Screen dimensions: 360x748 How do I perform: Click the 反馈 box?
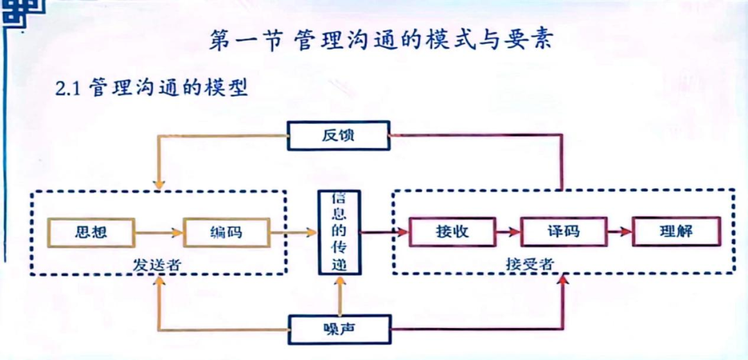[338, 135]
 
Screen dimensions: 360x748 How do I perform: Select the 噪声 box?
[339, 329]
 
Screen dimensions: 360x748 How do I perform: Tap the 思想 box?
[91, 232]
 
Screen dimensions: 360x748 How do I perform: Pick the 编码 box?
[226, 232]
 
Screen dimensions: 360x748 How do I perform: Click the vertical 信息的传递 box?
[339, 233]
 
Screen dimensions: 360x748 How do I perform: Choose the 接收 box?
[453, 232]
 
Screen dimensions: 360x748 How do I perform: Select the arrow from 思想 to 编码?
[159, 233]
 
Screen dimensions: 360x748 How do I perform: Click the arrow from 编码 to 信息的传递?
[293, 233]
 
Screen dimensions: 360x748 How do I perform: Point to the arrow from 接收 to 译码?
[508, 233]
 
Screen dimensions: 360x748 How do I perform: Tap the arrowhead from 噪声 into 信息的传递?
[339, 283]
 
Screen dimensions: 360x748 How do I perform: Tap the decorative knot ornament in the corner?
[15, 14]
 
